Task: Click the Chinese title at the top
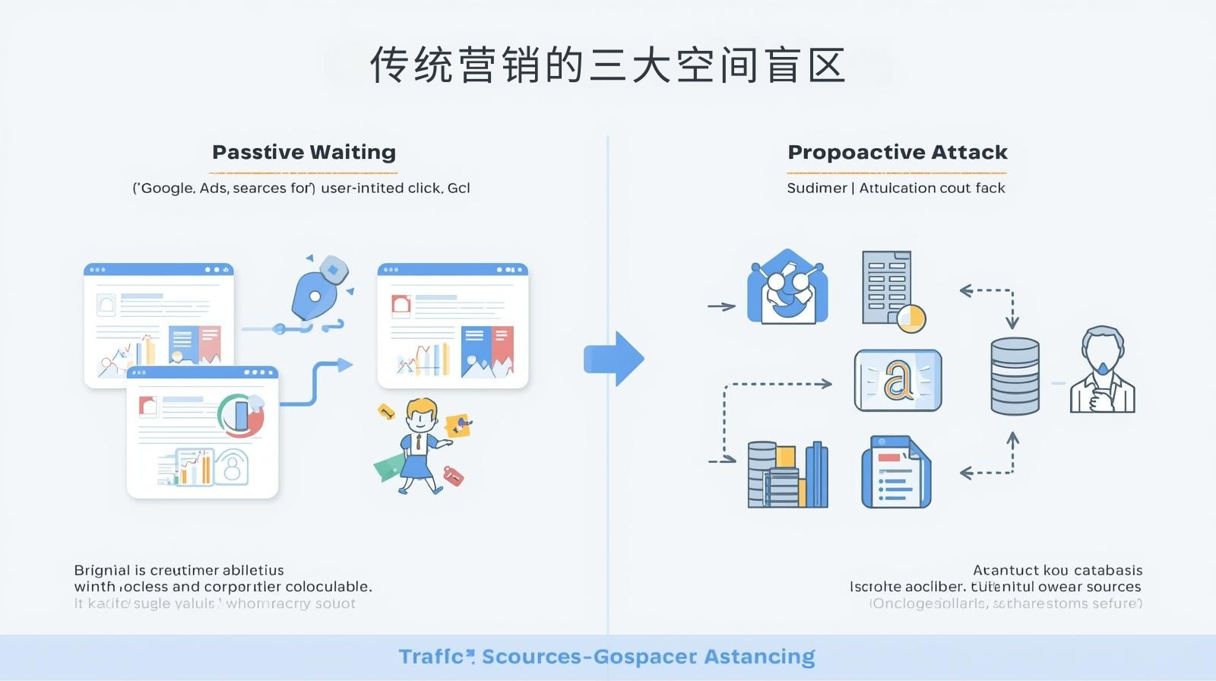tap(608, 65)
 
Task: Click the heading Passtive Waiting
tap(304, 152)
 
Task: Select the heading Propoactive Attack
tap(898, 152)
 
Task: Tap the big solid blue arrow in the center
tap(614, 359)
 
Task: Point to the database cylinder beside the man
tap(1015, 376)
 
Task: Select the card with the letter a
tap(898, 381)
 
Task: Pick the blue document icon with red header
tap(895, 472)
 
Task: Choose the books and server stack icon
tap(787, 475)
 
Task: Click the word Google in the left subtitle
tap(167, 188)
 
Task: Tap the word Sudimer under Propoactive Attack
tap(816, 188)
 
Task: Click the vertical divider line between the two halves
tap(608, 380)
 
